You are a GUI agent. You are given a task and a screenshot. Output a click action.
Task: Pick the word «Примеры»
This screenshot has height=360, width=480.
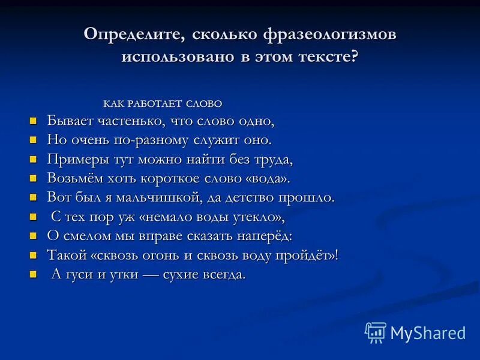tap(74, 159)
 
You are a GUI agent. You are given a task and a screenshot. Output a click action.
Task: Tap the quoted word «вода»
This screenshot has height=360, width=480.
tap(270, 178)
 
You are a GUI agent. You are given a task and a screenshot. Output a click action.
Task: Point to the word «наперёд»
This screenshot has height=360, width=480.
tap(262, 236)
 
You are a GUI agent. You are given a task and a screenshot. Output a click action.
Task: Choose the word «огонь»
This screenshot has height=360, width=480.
tap(163, 255)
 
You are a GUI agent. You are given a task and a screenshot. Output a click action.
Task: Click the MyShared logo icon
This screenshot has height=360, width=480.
tap(375, 332)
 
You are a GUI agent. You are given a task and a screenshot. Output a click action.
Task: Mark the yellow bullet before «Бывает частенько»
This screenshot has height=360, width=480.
tap(34, 121)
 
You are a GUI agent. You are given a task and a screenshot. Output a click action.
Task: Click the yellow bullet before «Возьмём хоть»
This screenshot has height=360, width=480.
tap(34, 178)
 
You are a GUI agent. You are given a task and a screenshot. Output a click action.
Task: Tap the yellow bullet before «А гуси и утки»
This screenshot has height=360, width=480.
tap(34, 274)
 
